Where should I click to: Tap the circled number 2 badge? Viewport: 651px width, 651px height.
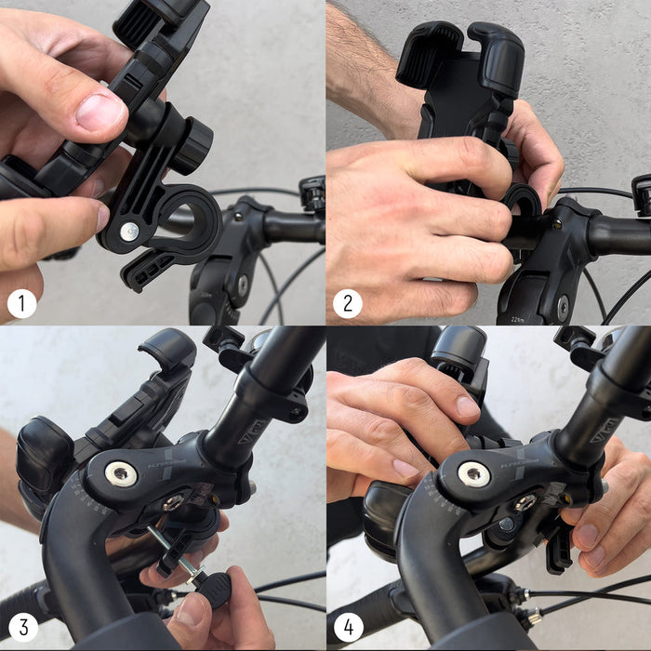[x=348, y=303]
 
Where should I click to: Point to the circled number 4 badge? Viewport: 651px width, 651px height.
[x=348, y=628]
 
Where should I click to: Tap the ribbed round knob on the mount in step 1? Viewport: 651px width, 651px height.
[x=193, y=145]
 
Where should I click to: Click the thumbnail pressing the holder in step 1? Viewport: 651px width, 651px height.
[x=100, y=113]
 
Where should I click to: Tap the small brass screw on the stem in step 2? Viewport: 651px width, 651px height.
[x=556, y=224]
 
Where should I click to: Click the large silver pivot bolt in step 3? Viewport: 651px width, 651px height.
[x=121, y=474]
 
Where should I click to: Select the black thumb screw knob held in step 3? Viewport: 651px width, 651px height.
[x=214, y=589]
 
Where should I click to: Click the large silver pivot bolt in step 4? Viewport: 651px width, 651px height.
[x=474, y=474]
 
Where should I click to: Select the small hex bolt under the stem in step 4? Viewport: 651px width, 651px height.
[x=525, y=503]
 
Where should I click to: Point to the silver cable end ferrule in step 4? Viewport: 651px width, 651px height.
[x=532, y=616]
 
